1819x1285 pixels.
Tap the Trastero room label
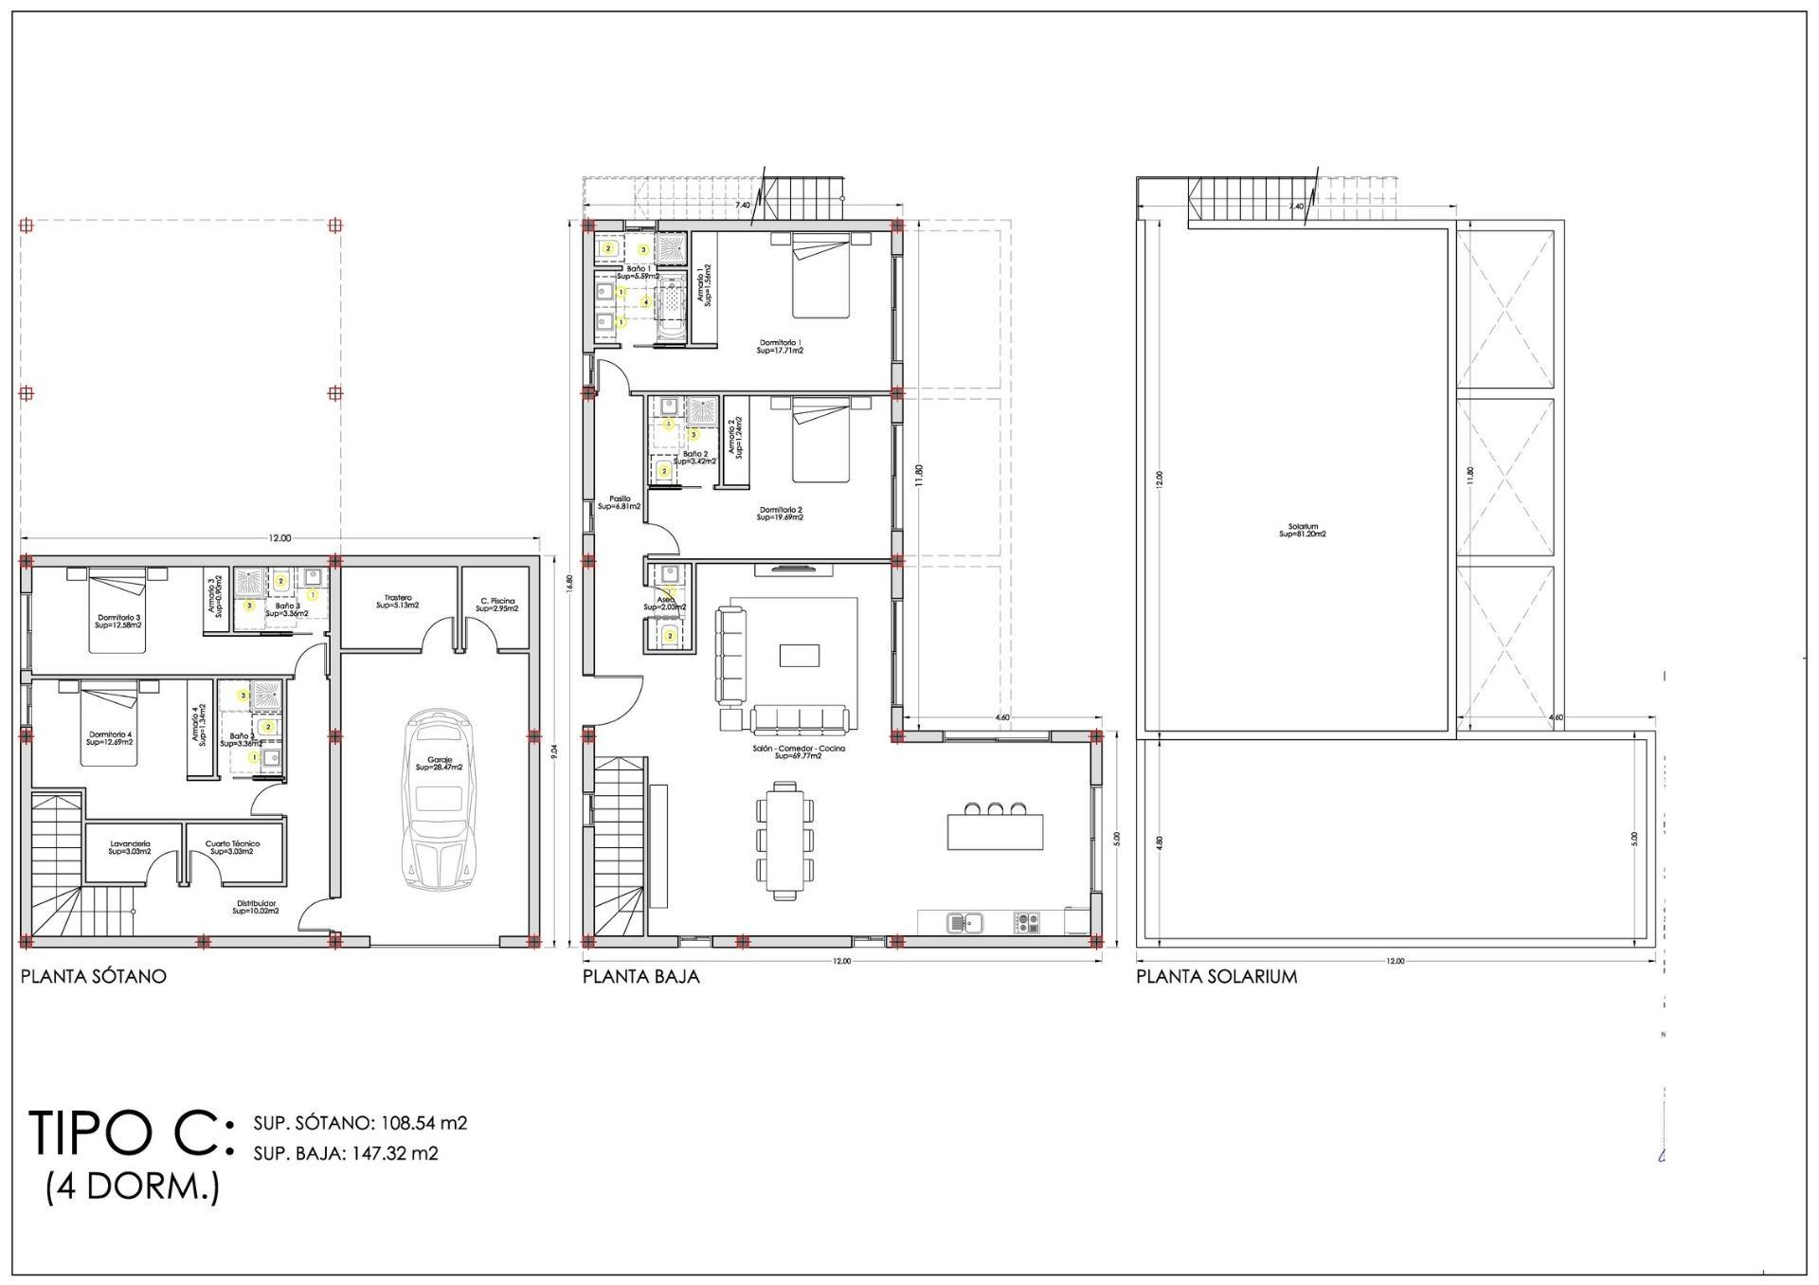coord(398,601)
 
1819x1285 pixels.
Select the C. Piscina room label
coord(497,604)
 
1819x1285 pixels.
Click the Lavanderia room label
coord(130,847)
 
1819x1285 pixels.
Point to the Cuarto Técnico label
coord(233,847)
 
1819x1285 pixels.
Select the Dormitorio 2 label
coord(781,514)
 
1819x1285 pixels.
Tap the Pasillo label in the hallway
coord(620,502)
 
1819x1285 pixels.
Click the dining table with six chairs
coord(784,840)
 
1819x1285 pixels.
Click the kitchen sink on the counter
coord(964,920)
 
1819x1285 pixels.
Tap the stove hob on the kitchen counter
coord(1027,920)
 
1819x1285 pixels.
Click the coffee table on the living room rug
coord(799,656)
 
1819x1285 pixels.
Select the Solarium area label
coord(1302,530)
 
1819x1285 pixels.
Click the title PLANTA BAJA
coord(640,976)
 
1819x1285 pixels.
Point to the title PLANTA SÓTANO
coord(93,976)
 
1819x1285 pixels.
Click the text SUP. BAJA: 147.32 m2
coord(346,1153)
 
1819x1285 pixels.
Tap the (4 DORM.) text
coord(133,1186)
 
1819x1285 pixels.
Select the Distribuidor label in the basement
coord(256,907)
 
